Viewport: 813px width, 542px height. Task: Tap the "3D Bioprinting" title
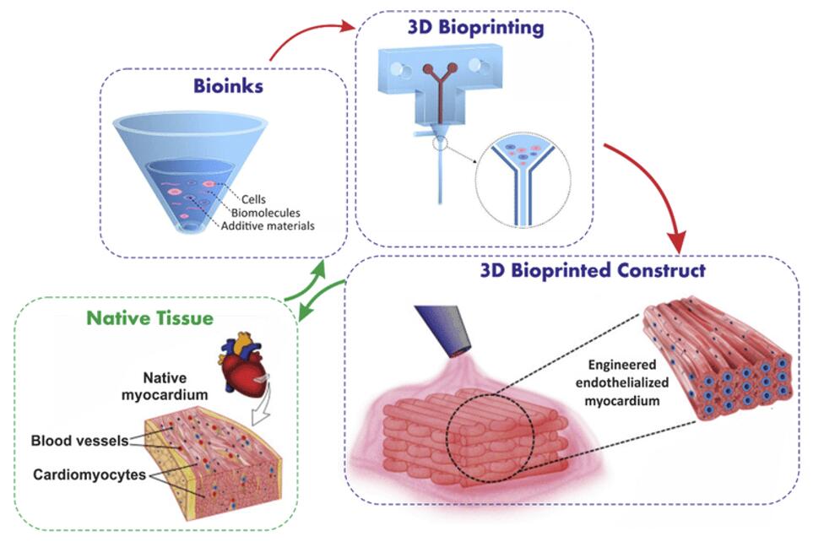pyautogui.click(x=475, y=28)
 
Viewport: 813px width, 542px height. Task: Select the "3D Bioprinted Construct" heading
pyautogui.click(x=592, y=271)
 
